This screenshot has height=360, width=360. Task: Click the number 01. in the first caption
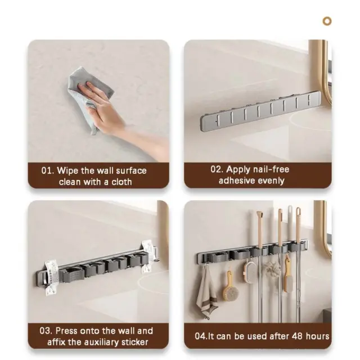tap(47, 170)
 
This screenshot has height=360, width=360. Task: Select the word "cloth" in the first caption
tap(121, 182)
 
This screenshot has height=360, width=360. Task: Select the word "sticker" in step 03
tap(135, 343)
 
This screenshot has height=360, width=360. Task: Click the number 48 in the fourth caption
tap(297, 336)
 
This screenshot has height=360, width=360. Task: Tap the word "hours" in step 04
tap(317, 336)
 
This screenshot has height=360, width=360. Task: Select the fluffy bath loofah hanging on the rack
tap(272, 269)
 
